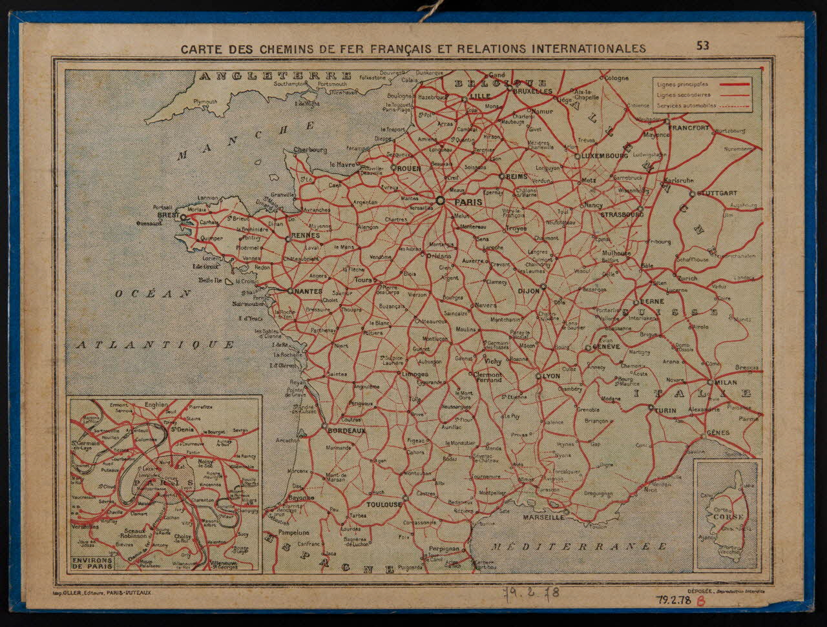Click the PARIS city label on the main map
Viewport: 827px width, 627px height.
(x=469, y=201)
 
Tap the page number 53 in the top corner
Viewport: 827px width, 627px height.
(x=702, y=45)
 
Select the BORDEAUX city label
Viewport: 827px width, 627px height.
(x=346, y=431)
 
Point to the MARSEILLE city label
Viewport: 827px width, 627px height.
(x=541, y=517)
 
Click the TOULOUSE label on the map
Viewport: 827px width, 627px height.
(x=384, y=504)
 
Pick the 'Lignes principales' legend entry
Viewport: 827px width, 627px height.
(x=682, y=84)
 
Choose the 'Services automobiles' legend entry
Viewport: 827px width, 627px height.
(x=686, y=105)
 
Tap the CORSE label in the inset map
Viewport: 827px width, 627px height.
(x=728, y=517)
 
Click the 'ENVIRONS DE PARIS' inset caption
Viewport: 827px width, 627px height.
(x=93, y=562)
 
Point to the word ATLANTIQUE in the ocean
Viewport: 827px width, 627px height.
(x=155, y=345)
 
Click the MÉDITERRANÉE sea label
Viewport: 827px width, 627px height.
(x=578, y=546)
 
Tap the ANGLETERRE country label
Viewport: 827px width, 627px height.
(x=276, y=76)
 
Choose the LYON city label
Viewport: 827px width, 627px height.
(x=551, y=376)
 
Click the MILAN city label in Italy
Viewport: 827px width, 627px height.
(x=725, y=382)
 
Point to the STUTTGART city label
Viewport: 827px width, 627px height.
(x=717, y=193)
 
